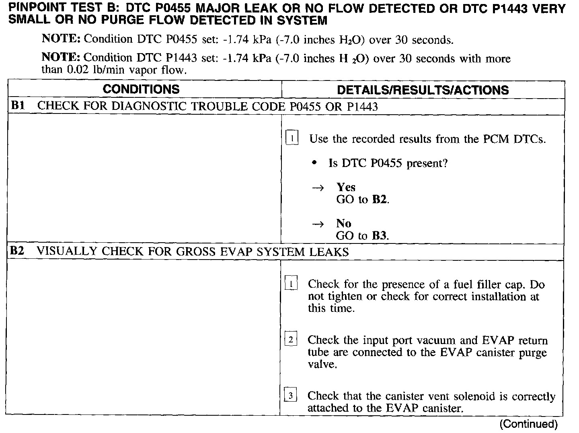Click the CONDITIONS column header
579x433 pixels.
pos(141,89)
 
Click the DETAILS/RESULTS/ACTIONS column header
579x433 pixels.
pos(423,90)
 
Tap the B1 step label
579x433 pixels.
pos(18,106)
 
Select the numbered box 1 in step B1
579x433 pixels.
pos(292,138)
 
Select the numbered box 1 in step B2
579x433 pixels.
pos(291,284)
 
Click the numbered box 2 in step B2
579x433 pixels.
pos(291,340)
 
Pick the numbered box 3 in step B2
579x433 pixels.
pos(291,396)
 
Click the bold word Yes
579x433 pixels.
pos(346,187)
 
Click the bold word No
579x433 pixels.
pos(344,223)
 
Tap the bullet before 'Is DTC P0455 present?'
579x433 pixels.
pos(315,163)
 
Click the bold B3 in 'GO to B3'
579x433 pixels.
pos(379,236)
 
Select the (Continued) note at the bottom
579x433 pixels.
pos(528,424)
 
